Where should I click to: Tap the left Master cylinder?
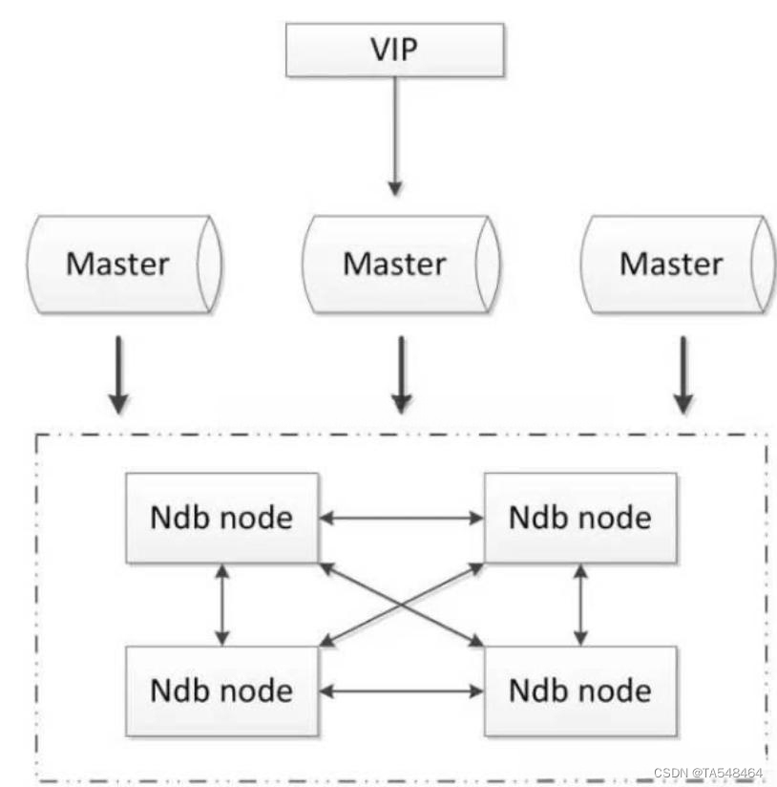(x=124, y=263)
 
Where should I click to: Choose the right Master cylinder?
(x=678, y=263)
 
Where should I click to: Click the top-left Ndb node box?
(x=221, y=518)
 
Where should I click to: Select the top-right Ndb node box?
(x=579, y=518)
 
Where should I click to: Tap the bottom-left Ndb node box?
(x=221, y=689)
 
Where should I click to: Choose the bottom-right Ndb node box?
(x=579, y=689)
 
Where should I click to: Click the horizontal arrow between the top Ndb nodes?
(x=401, y=519)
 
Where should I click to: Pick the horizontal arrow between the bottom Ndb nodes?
(x=401, y=689)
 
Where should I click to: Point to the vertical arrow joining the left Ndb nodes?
(x=222, y=604)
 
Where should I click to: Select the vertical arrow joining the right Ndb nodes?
(x=579, y=604)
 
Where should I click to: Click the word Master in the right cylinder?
(x=671, y=263)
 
